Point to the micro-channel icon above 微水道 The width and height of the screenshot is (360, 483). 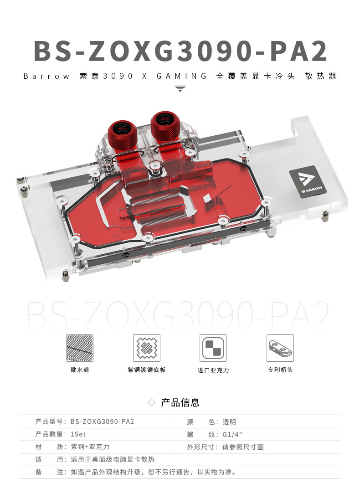click(x=80, y=349)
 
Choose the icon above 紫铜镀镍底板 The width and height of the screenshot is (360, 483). click(x=146, y=349)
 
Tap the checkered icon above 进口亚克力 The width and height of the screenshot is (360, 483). click(x=213, y=349)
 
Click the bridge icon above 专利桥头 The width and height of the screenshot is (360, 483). click(x=280, y=349)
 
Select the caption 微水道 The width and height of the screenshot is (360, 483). click(x=80, y=370)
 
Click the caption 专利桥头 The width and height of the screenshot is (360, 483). click(x=280, y=370)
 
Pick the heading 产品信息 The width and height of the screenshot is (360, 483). click(x=180, y=402)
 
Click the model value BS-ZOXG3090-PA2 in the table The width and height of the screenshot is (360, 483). click(x=103, y=422)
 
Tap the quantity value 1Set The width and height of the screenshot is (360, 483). click(x=78, y=434)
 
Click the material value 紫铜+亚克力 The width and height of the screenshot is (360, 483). click(x=90, y=447)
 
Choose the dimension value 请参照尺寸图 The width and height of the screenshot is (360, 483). click(x=243, y=447)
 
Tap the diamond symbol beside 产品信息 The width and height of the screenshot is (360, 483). click(x=152, y=402)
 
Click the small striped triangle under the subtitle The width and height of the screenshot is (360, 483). click(x=180, y=88)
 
